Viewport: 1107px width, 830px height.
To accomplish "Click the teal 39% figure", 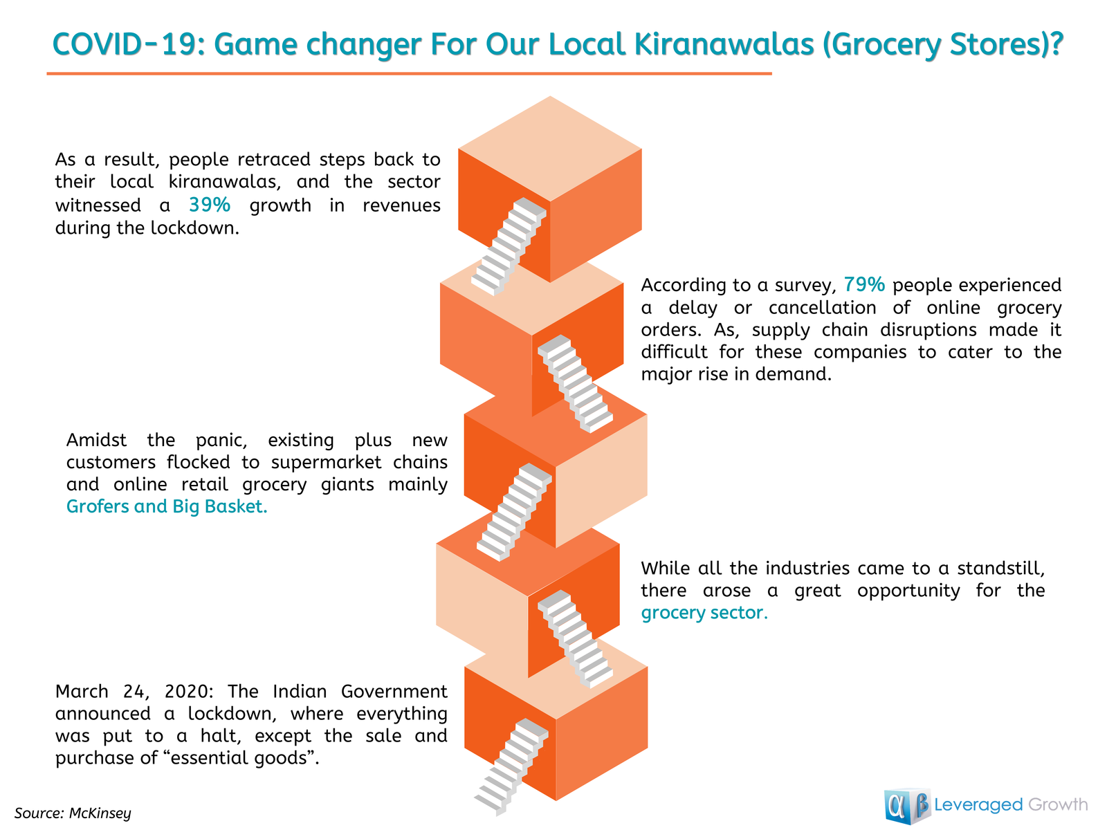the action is (x=210, y=205).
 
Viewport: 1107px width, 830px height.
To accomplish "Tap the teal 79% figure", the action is (x=864, y=285).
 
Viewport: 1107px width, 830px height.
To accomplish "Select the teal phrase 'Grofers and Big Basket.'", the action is (x=167, y=506).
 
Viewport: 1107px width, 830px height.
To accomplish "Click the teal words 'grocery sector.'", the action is (x=704, y=613).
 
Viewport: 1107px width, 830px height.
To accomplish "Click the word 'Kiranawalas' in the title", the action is (x=724, y=44).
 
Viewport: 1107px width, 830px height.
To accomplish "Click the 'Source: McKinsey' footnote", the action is (x=73, y=813).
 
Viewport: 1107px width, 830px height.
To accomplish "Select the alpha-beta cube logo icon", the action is (x=907, y=806).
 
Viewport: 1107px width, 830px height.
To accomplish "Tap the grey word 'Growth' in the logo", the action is (x=1058, y=804).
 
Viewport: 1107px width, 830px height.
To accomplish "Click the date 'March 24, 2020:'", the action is (x=135, y=692).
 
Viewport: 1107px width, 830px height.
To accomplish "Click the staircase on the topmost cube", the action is (x=509, y=246).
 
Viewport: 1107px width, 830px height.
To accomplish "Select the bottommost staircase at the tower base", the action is (x=511, y=766).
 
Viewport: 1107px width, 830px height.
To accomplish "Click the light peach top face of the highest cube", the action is (x=550, y=149).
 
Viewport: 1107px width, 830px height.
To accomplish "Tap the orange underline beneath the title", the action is (x=409, y=73).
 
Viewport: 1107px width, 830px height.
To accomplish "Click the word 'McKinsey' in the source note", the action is (x=100, y=813).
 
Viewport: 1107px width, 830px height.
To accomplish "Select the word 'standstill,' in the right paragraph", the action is (x=1000, y=569).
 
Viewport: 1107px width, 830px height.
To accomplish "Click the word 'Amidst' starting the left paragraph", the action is (x=95, y=440).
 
